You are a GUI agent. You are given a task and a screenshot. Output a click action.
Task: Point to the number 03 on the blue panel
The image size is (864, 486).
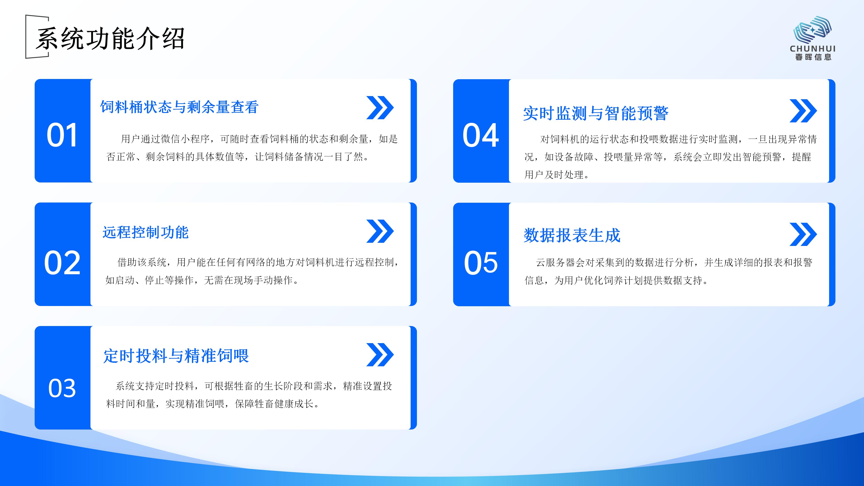62,388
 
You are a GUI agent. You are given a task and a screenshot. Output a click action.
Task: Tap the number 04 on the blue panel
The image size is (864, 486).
481,135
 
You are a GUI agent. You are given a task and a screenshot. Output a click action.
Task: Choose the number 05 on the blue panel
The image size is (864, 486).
481,263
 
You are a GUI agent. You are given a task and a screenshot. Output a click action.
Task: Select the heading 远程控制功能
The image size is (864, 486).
146,232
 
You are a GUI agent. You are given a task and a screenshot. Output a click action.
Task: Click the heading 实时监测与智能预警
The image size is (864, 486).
596,113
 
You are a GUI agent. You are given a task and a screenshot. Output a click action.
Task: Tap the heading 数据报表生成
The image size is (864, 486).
572,235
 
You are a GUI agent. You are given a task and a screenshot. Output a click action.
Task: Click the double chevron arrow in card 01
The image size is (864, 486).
380,108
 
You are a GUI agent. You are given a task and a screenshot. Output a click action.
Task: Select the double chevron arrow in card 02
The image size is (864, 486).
380,231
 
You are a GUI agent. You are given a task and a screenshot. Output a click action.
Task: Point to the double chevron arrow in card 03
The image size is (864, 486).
380,355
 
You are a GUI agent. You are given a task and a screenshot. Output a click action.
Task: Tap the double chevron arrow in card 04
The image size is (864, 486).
803,111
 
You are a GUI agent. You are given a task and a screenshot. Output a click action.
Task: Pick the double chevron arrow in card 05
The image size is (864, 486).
803,234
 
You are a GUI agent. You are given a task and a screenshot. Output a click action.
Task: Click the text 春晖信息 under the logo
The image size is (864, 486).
813,57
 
